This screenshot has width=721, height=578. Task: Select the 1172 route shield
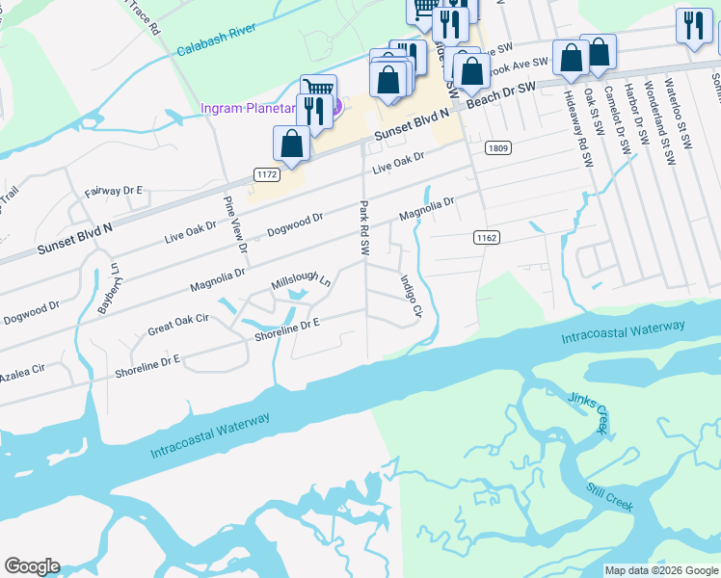click(267, 173)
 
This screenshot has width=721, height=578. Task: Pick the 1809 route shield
click(498, 148)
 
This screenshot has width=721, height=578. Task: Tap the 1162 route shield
click(487, 236)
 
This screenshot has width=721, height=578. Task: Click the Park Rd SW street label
click(364, 227)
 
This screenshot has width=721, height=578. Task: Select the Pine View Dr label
click(235, 223)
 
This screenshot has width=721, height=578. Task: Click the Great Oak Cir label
click(177, 324)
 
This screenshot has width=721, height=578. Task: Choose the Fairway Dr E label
click(113, 191)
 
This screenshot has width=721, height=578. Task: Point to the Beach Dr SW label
click(500, 92)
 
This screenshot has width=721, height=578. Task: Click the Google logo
click(32, 566)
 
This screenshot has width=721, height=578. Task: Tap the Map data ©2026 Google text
click(661, 570)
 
